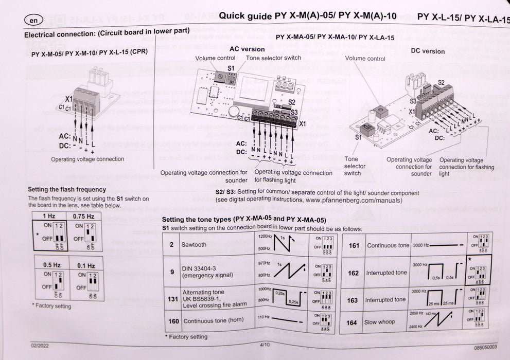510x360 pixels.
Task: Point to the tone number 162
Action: (353, 273)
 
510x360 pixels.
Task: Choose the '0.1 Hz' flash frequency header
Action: (85, 266)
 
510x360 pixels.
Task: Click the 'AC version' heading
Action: (247, 49)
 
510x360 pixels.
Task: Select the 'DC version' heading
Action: (428, 51)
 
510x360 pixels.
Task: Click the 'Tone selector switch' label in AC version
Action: (273, 58)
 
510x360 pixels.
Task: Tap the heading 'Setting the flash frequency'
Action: (66, 190)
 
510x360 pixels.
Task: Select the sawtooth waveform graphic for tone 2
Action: (282, 245)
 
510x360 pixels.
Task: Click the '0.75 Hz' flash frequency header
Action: (83, 217)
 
